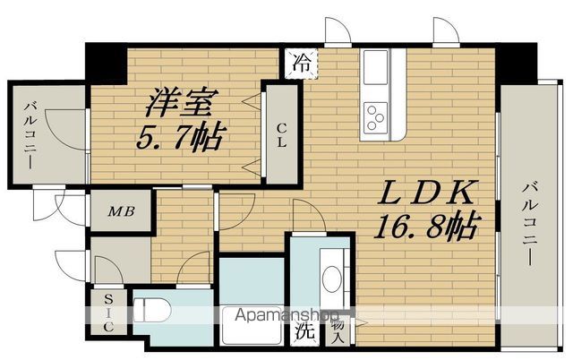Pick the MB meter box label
[122, 212]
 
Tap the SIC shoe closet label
[107, 313]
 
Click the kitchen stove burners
[376, 116]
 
